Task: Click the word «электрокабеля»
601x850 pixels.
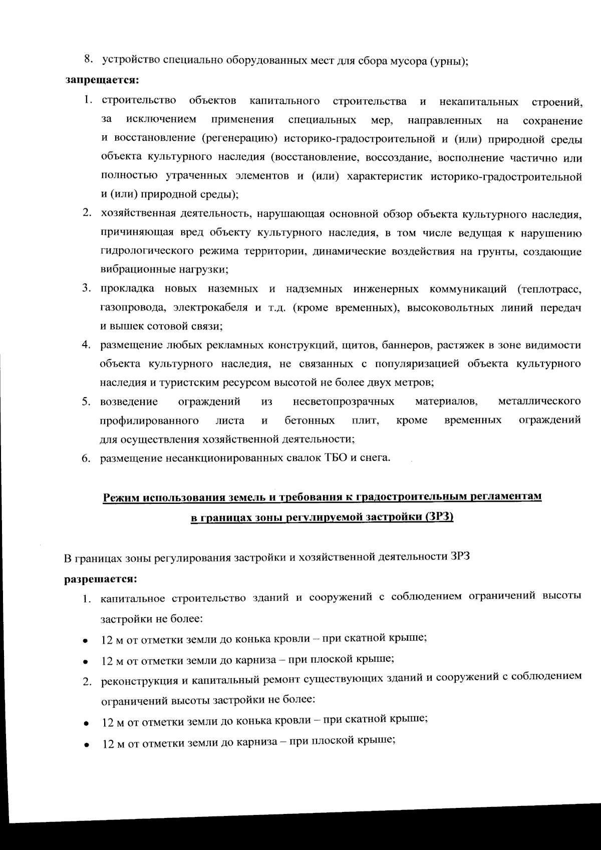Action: coord(210,308)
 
